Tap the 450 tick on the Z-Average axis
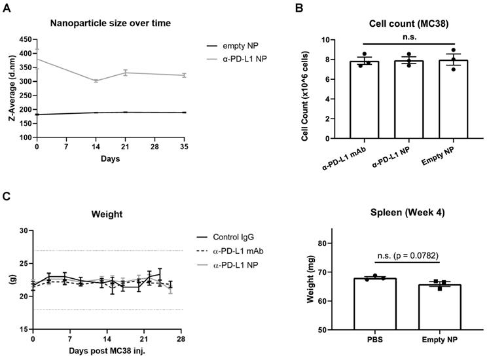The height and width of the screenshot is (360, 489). (25, 39)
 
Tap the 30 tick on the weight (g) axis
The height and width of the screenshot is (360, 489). (25, 231)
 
